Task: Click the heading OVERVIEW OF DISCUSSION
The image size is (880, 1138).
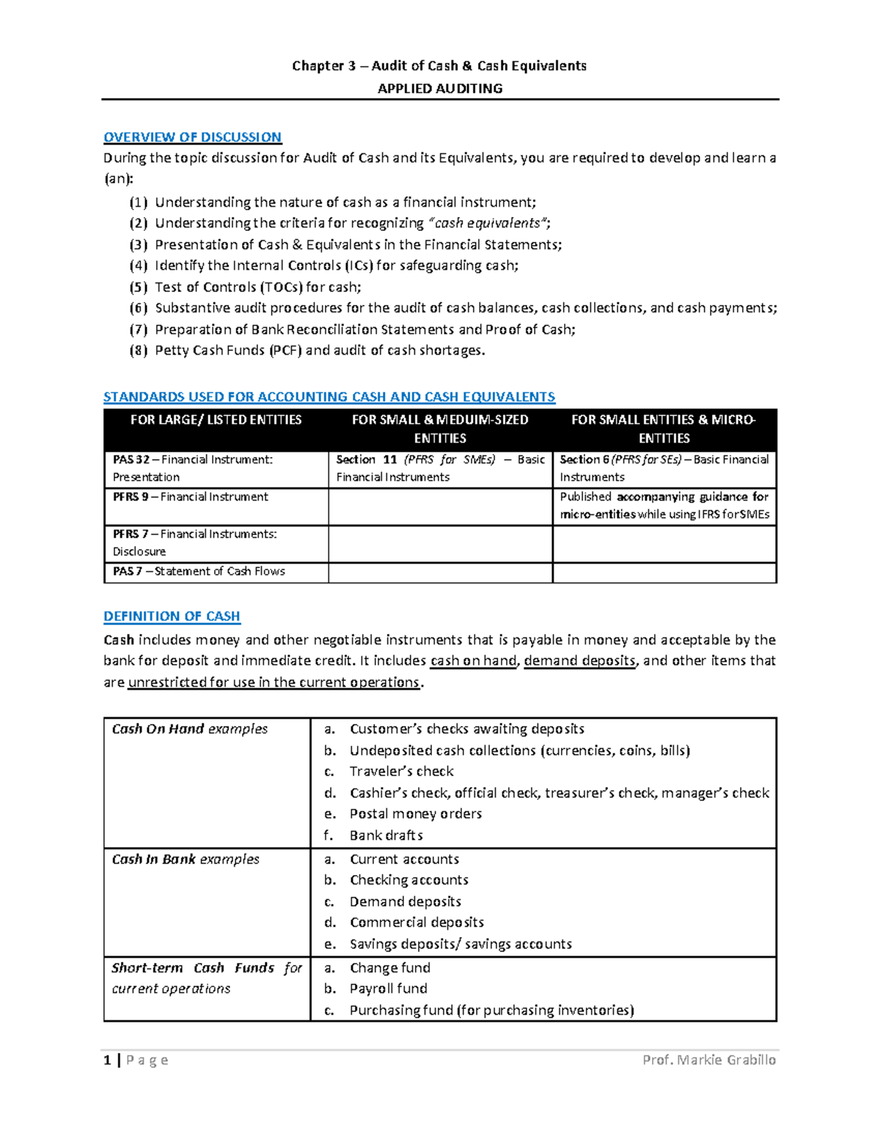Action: (192, 137)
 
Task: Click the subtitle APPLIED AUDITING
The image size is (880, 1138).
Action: (439, 89)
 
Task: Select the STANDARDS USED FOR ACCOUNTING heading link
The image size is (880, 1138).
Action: (329, 397)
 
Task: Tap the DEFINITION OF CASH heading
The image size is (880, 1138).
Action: (172, 616)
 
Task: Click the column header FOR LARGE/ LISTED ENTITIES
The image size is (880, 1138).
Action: (216, 420)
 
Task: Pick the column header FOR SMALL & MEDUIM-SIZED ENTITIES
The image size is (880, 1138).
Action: (439, 429)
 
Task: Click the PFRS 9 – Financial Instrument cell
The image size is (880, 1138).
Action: (190, 497)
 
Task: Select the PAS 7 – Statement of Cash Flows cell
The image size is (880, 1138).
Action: (199, 572)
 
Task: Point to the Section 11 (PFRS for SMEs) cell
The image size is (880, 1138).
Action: (439, 468)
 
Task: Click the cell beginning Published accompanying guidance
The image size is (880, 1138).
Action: (664, 506)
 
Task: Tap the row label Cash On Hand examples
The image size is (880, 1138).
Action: (189, 729)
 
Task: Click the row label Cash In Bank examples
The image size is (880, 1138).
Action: (186, 860)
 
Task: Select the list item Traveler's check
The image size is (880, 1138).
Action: (401, 772)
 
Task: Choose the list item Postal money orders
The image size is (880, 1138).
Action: (415, 814)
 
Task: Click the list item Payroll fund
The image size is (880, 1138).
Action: (388, 989)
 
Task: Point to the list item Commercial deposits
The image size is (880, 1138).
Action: (417, 923)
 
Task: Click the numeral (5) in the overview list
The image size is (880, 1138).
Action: (138, 287)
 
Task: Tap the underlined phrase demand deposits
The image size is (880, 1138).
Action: (579, 661)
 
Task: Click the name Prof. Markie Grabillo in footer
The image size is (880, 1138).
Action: (708, 1060)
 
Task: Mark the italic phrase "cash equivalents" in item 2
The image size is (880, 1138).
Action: (488, 223)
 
